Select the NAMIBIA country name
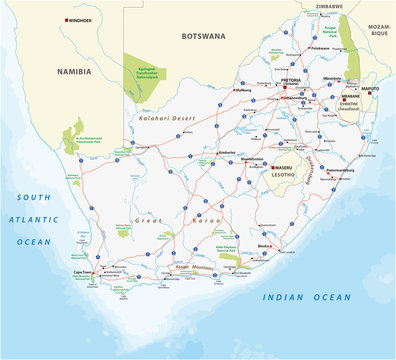coord(73,72)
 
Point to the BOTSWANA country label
coord(204,36)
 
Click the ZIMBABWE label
coord(329,6)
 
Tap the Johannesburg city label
coord(294,99)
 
